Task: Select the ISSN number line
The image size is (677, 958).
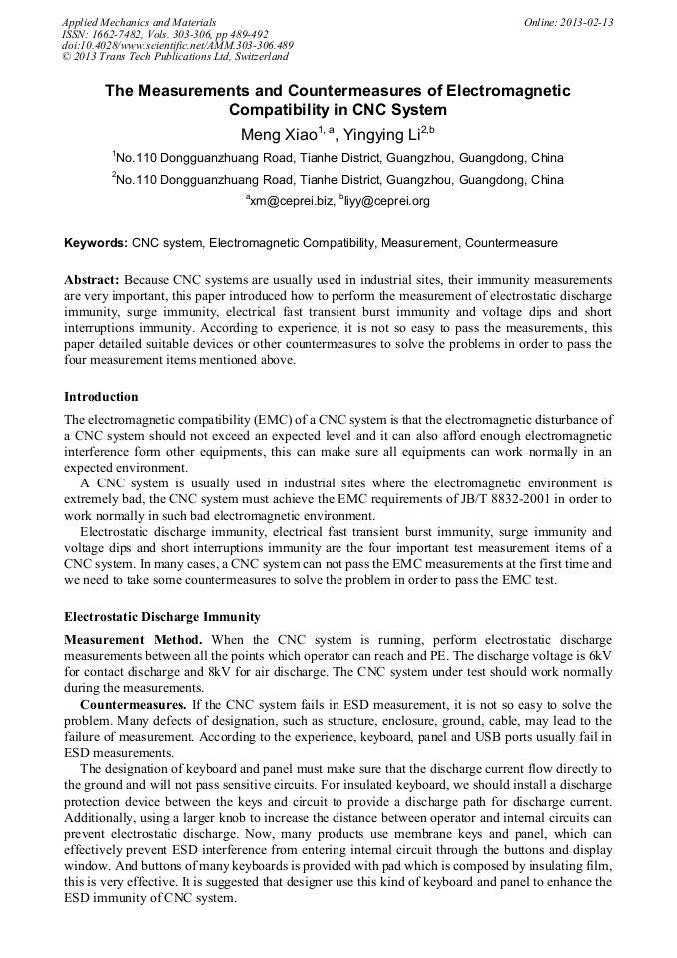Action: click(164, 34)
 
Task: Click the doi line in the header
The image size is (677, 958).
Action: click(177, 46)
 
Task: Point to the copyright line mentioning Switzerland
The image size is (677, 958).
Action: click(175, 58)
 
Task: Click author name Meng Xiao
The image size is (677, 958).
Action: click(279, 135)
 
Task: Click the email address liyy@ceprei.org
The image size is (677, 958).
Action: click(388, 201)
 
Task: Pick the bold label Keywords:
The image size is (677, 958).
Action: click(96, 243)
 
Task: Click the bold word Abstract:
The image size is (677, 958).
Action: click(92, 281)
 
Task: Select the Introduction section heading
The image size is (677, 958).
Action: click(101, 397)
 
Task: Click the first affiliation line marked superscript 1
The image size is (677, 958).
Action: click(338, 158)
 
